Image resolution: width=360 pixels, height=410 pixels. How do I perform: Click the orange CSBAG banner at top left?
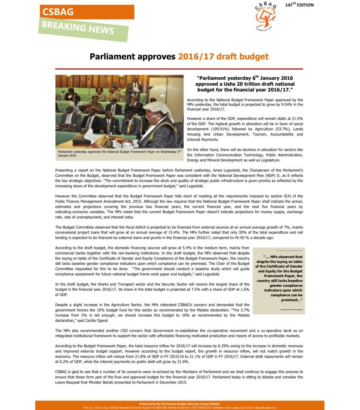pyautogui.click(x=86, y=12)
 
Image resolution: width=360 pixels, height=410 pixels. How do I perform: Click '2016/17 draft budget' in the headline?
pyautogui.click(x=223, y=56)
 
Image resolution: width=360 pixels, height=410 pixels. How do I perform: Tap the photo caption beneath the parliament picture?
pyautogui.click(x=119, y=153)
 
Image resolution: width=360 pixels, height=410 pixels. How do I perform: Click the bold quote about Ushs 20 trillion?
pyautogui.click(x=245, y=84)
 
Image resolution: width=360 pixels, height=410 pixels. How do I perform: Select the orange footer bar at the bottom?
pyautogui.click(x=180, y=405)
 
